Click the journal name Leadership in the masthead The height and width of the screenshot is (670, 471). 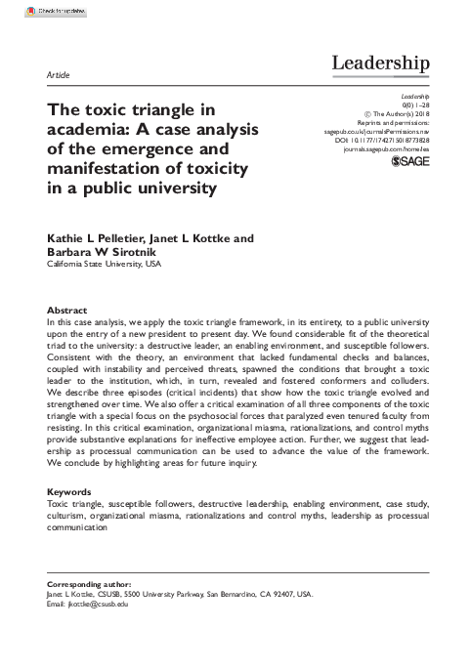point(381,64)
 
